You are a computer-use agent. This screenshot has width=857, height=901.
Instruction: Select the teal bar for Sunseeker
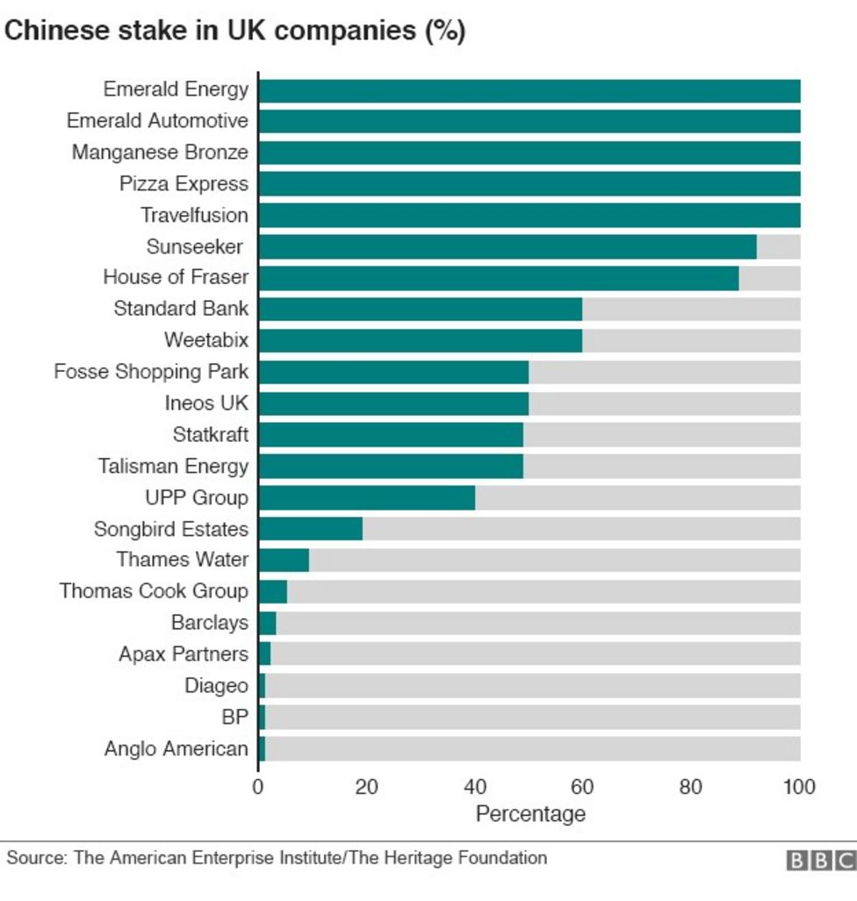pos(507,247)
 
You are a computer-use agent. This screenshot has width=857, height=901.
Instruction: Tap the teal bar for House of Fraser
pos(498,277)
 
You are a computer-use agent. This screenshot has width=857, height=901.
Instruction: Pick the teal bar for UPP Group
pos(366,497)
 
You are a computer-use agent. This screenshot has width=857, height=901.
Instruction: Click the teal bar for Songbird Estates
pos(310,529)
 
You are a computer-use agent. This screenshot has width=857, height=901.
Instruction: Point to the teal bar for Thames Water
pos(284,560)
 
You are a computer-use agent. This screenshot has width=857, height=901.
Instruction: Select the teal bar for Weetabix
pos(420,340)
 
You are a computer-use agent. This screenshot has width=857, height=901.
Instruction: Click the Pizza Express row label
pos(184,184)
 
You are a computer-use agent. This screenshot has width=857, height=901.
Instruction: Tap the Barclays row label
pos(209,623)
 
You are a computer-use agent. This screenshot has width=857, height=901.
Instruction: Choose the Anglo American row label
pos(176,748)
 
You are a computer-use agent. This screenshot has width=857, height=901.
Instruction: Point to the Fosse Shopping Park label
pos(151,372)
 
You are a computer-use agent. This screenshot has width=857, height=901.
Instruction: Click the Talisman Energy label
pos(173,466)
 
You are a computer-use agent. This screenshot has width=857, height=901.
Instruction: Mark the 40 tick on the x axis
pos(475,786)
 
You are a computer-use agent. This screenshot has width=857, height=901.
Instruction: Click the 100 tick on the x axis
pos(798,786)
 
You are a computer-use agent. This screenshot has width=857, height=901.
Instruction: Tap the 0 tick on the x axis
pos(258,786)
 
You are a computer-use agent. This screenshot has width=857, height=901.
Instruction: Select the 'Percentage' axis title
pos(529,814)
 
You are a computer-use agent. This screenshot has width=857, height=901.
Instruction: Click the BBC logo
pos(820,861)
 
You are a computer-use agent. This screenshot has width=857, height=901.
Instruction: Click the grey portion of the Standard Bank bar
pos(691,309)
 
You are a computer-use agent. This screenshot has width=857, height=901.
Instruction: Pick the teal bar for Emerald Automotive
pos(529,121)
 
